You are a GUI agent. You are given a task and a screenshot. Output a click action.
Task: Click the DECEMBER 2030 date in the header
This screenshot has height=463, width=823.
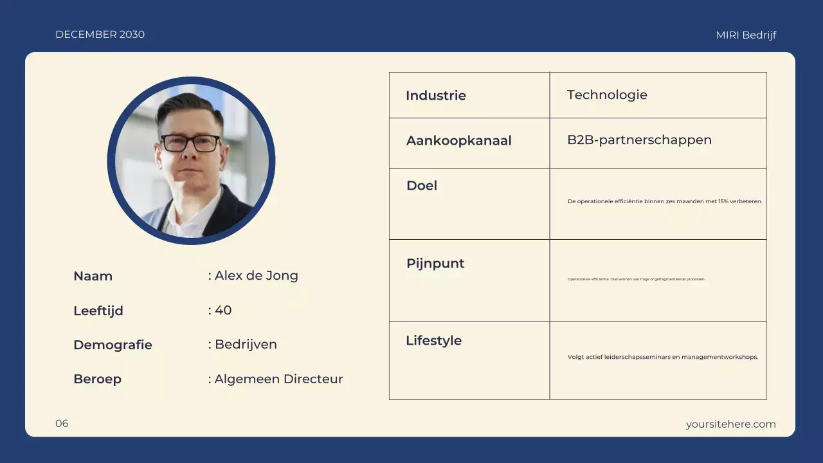tap(100, 35)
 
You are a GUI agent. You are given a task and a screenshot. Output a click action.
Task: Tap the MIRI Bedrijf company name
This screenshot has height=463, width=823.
tap(746, 35)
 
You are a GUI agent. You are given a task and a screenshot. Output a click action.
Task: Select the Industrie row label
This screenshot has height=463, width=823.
tap(435, 96)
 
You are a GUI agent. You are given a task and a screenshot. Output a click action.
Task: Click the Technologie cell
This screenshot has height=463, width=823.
tap(606, 95)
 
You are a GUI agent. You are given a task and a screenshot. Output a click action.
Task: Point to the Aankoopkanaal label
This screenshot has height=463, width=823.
tap(458, 141)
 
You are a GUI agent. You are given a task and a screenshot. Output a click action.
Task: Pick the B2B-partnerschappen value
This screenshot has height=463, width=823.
tap(638, 140)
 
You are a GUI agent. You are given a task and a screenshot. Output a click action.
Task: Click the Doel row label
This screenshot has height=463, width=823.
tap(421, 186)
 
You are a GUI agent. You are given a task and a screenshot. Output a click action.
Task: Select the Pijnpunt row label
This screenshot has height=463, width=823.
tap(435, 264)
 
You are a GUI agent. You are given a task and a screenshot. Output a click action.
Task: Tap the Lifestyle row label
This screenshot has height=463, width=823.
tap(433, 341)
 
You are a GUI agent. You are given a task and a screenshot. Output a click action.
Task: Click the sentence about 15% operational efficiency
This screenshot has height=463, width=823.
tap(664, 201)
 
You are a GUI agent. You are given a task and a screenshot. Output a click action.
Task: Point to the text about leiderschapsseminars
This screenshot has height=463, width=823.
tap(662, 357)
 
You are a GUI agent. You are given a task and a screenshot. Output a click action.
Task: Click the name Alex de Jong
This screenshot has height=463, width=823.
tap(256, 276)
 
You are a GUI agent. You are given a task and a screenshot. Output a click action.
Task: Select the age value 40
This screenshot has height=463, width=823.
tap(222, 311)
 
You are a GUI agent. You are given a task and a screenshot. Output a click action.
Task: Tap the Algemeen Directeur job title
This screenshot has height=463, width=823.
tap(278, 379)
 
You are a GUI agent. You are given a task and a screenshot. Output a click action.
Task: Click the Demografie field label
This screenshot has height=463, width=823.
tap(113, 345)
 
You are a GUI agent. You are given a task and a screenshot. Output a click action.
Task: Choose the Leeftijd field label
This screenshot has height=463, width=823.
tap(98, 311)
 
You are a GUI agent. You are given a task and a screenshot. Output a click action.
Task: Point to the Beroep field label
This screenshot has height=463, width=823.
tap(97, 379)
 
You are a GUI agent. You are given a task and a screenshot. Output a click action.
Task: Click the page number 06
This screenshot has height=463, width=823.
tap(62, 423)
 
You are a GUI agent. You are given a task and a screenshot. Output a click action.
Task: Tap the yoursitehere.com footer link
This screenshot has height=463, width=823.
tap(730, 424)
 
